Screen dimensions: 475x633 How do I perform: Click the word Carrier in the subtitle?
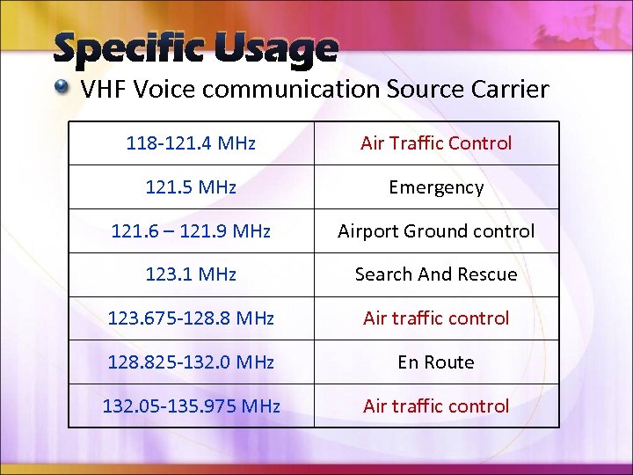coord(513,89)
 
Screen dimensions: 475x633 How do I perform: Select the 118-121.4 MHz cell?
coord(191,143)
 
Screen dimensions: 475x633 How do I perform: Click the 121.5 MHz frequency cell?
coord(191,187)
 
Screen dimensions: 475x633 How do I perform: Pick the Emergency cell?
coord(436,187)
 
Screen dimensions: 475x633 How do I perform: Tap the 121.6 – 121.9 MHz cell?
coord(191,231)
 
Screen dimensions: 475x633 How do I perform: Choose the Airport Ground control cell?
coord(436,231)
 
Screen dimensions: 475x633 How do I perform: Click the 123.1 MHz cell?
coord(191,274)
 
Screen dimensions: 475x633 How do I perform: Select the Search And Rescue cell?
coord(436,274)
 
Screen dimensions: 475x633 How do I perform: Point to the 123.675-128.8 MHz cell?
coord(191,318)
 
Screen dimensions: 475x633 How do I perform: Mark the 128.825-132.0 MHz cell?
coord(191,362)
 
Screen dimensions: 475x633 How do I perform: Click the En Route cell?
coord(436,362)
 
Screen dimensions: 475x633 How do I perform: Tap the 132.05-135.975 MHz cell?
coord(191,406)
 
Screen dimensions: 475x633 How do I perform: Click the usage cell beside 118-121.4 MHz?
coord(436,143)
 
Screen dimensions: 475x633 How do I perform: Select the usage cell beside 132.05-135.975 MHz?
coord(436,406)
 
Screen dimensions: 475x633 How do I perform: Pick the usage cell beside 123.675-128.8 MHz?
coord(436,318)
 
